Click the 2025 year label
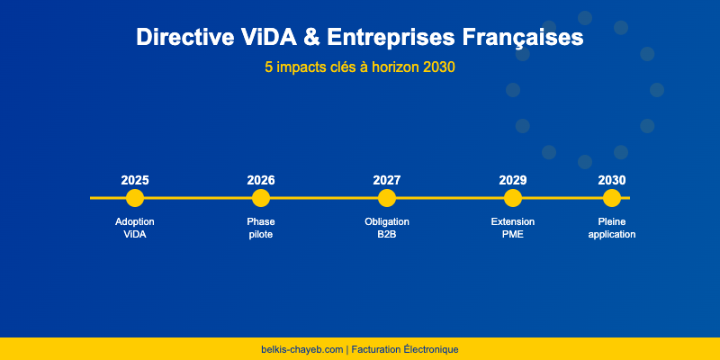(135, 180)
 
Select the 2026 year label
(261, 180)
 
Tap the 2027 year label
(387, 180)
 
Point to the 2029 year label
(513, 180)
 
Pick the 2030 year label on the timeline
(612, 180)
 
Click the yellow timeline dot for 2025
(135, 198)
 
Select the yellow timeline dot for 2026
(261, 198)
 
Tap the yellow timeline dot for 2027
(387, 198)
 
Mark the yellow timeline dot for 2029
(513, 198)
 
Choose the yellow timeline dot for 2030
(612, 198)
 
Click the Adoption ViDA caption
(135, 228)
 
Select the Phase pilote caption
(261, 228)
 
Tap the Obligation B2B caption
(387, 228)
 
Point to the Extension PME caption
(513, 228)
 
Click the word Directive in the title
(186, 38)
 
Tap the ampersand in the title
(311, 38)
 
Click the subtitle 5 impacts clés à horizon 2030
(360, 67)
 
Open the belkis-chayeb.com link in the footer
(301, 349)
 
